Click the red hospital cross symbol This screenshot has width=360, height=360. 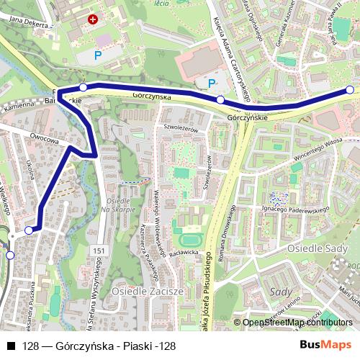(x=92, y=20)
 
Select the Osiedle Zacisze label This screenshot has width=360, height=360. (x=148, y=292)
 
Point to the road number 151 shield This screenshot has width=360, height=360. (x=99, y=250)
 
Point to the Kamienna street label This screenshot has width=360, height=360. (x=19, y=105)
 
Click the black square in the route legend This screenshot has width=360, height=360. (x=10, y=346)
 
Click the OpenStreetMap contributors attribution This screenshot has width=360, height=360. (x=298, y=323)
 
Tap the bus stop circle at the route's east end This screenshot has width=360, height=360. (x=350, y=90)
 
